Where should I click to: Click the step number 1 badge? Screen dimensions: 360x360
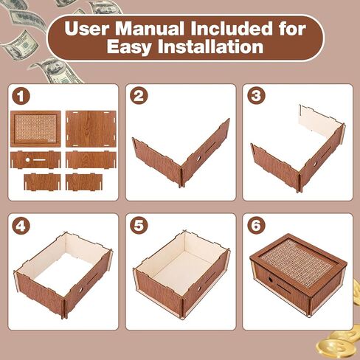(21, 97)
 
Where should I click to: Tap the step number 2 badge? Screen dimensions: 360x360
(139, 96)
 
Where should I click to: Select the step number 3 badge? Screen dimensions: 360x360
(256, 96)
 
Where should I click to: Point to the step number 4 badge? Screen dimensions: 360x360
(21, 226)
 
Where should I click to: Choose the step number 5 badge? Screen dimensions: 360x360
(139, 225)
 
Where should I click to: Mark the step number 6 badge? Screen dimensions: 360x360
(256, 225)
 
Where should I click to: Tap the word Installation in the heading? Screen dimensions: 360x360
(211, 46)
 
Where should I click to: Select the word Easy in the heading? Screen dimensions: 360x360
(128, 47)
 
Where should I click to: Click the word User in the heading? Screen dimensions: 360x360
(86, 29)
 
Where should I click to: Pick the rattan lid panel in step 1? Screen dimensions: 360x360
(35, 128)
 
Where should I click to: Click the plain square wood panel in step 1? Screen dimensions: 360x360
(91, 128)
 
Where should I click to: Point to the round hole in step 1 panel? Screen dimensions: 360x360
(27, 160)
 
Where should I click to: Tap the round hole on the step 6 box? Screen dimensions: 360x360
(270, 280)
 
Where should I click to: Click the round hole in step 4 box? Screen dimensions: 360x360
(80, 290)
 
